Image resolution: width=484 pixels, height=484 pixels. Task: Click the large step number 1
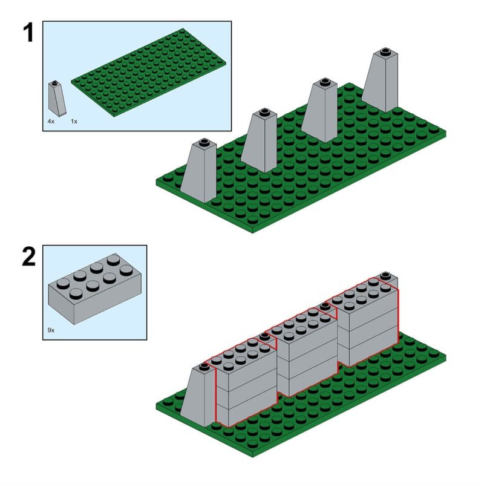coord(27,33)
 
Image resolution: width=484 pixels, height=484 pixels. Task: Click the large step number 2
coord(28,257)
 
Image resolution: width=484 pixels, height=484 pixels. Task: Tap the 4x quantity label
coord(51,122)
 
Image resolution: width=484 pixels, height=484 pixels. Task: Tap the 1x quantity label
coord(74,122)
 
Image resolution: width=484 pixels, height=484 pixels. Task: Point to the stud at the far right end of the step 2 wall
coord(385,276)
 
